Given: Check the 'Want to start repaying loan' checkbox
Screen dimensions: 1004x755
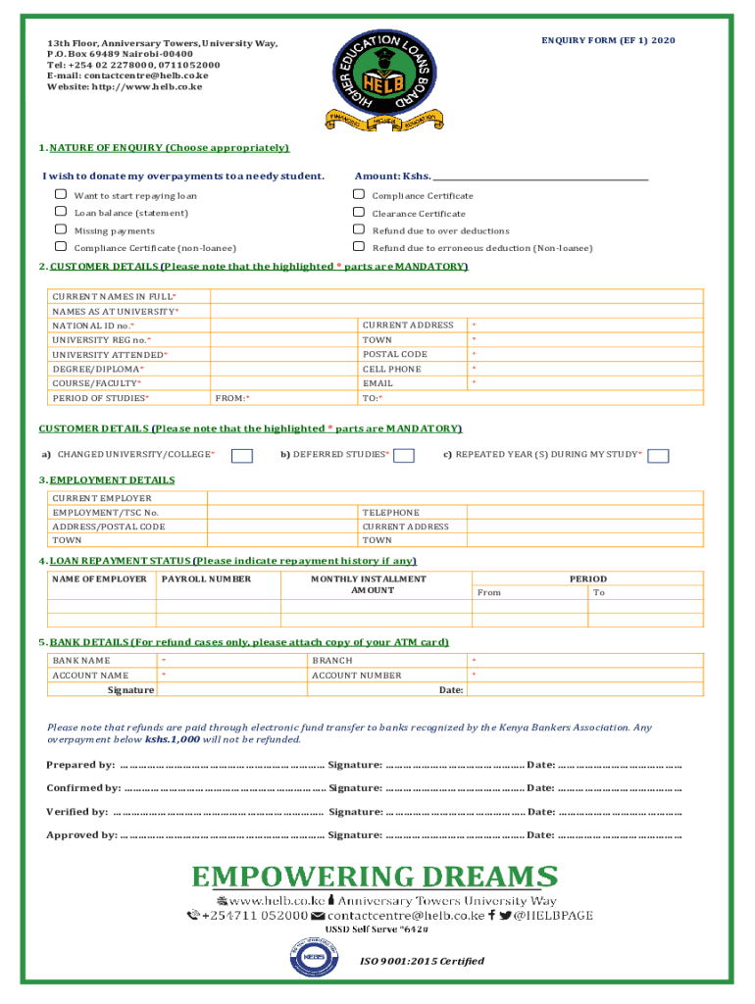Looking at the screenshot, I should pyautogui.click(x=61, y=195).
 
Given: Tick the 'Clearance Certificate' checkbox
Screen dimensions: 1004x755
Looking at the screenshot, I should pyautogui.click(x=359, y=213).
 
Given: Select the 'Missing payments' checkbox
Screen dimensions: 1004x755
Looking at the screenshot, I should pyautogui.click(x=61, y=230).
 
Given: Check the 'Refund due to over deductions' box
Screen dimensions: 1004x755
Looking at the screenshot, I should pyautogui.click(x=359, y=230).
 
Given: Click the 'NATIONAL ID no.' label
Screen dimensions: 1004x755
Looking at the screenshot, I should pyautogui.click(x=93, y=326).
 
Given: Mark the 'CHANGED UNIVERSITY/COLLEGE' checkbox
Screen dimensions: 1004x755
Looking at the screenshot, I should pyautogui.click(x=241, y=455).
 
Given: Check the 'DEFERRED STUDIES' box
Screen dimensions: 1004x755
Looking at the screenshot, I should pyautogui.click(x=403, y=455).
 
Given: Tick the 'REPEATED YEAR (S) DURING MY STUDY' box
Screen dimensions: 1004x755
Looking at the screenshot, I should pyautogui.click(x=659, y=455).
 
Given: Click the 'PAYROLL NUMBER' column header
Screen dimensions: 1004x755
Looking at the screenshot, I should pyautogui.click(x=206, y=579).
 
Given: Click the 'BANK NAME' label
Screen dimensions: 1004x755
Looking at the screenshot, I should pyautogui.click(x=81, y=661).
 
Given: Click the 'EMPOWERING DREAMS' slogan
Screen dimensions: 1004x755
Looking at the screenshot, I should pyautogui.click(x=375, y=876).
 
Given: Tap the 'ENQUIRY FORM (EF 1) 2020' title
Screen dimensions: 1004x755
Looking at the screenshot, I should pyautogui.click(x=608, y=40).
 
